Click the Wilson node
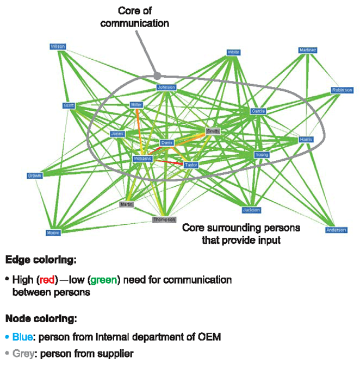(58, 47)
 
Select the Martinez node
(307, 50)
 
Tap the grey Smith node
(213, 131)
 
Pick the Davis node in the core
(166, 142)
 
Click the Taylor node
(190, 164)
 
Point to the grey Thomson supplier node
(164, 219)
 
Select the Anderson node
(336, 230)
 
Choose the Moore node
(53, 232)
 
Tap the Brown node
(34, 175)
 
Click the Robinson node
(342, 90)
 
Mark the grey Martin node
(127, 204)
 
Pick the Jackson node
(251, 210)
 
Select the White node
(233, 52)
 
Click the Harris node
(306, 140)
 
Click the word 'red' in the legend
(47, 280)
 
